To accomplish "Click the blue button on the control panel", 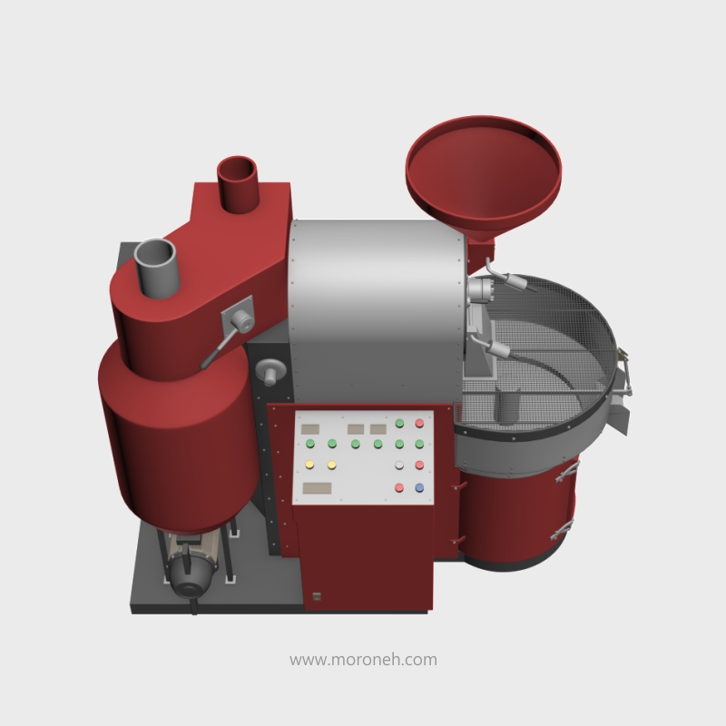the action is coord(419,487).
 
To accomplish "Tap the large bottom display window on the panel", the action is coord(317,488).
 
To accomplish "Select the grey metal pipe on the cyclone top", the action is coord(156,267).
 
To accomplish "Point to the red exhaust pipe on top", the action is coord(238,184).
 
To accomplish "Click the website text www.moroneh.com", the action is coord(363,660).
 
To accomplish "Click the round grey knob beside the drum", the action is coord(270,370).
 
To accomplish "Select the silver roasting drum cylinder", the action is coord(376,309).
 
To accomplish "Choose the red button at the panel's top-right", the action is coord(419,423).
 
